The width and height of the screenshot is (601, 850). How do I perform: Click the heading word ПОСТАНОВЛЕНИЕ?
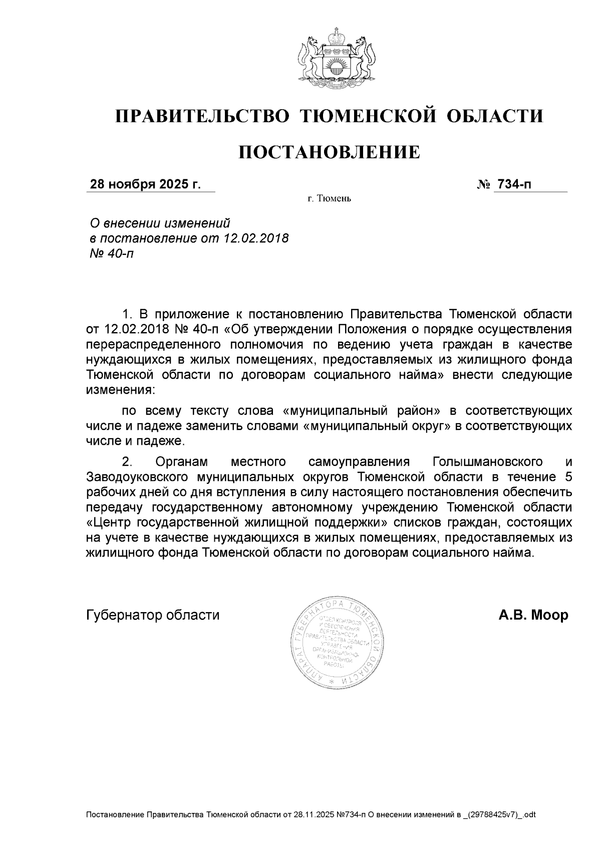point(329,152)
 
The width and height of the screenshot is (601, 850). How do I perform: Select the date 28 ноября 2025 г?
point(145,185)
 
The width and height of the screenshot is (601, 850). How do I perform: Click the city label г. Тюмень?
point(329,199)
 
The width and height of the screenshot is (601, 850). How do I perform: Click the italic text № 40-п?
point(112,253)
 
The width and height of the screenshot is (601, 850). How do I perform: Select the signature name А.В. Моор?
point(533,615)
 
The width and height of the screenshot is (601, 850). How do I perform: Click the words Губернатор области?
point(153,615)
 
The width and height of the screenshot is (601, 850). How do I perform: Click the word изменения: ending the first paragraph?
point(121,389)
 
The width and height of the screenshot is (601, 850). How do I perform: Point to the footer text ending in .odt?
point(311,814)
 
